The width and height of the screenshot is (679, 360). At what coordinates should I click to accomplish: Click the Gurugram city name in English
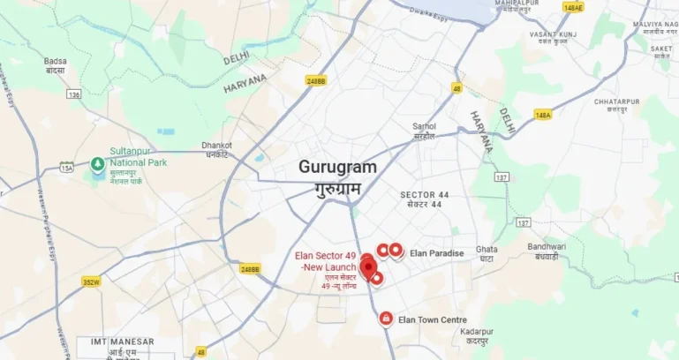[x=337, y=167]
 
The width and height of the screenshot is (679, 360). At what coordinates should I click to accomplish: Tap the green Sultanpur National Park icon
[x=97, y=163]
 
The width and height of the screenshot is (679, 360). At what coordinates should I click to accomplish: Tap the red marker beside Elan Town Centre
[x=386, y=319]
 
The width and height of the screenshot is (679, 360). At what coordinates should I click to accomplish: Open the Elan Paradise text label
[x=436, y=253]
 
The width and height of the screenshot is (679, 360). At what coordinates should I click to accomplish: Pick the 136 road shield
[x=73, y=94]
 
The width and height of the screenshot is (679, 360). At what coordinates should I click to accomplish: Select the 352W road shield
[x=91, y=282]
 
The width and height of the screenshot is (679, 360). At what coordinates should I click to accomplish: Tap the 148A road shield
[x=543, y=114]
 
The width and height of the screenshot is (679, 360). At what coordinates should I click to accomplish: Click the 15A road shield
[x=67, y=167]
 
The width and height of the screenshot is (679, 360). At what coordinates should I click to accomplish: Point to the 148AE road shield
[x=573, y=7]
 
